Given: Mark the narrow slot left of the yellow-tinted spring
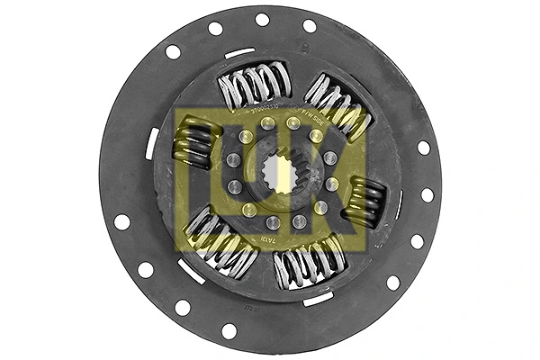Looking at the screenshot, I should pos(152,144).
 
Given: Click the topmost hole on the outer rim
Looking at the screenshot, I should pos(262,19).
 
